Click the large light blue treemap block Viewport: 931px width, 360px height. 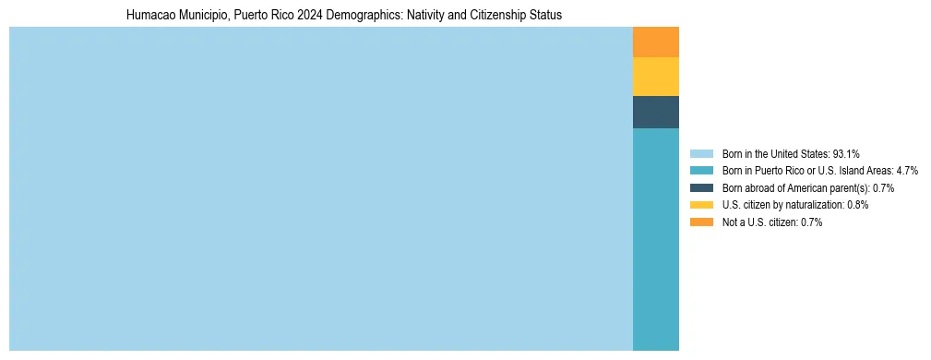(x=320, y=188)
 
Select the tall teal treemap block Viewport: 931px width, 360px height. (x=656, y=239)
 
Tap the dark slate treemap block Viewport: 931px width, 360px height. (x=656, y=112)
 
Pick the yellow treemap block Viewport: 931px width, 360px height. (x=656, y=77)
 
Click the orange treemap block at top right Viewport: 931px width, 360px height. (x=656, y=42)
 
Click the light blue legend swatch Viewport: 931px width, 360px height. (x=701, y=153)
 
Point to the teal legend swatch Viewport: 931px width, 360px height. (x=701, y=171)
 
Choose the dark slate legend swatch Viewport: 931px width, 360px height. (x=701, y=187)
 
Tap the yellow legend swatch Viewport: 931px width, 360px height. (x=701, y=205)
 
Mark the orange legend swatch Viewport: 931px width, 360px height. (x=701, y=222)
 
